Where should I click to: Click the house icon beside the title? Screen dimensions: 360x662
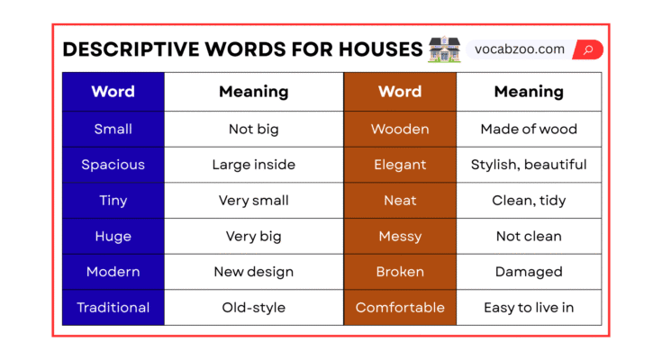445,49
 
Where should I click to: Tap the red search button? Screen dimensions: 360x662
588,49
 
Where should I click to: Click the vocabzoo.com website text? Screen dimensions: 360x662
520,49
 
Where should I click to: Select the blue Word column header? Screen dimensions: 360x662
113,92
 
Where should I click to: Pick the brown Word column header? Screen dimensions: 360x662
400,92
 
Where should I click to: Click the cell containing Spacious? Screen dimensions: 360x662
113,165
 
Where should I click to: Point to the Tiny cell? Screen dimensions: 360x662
113,201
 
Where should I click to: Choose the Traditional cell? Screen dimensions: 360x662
113,308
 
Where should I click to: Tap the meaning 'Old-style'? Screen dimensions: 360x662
254,308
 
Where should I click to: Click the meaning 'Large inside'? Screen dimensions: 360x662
254,165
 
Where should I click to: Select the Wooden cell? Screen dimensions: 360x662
400,129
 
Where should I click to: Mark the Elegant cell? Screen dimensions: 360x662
400,165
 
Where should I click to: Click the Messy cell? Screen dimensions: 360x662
400,237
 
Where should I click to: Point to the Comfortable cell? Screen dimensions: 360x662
400,308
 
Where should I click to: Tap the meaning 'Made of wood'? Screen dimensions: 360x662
529,129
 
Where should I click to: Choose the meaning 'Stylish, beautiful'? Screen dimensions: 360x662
529,165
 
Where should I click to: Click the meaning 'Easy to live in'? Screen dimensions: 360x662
529,308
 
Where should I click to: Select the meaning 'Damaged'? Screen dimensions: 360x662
529,272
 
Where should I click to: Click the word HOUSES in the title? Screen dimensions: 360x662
370,49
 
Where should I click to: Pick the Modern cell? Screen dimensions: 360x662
113,272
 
